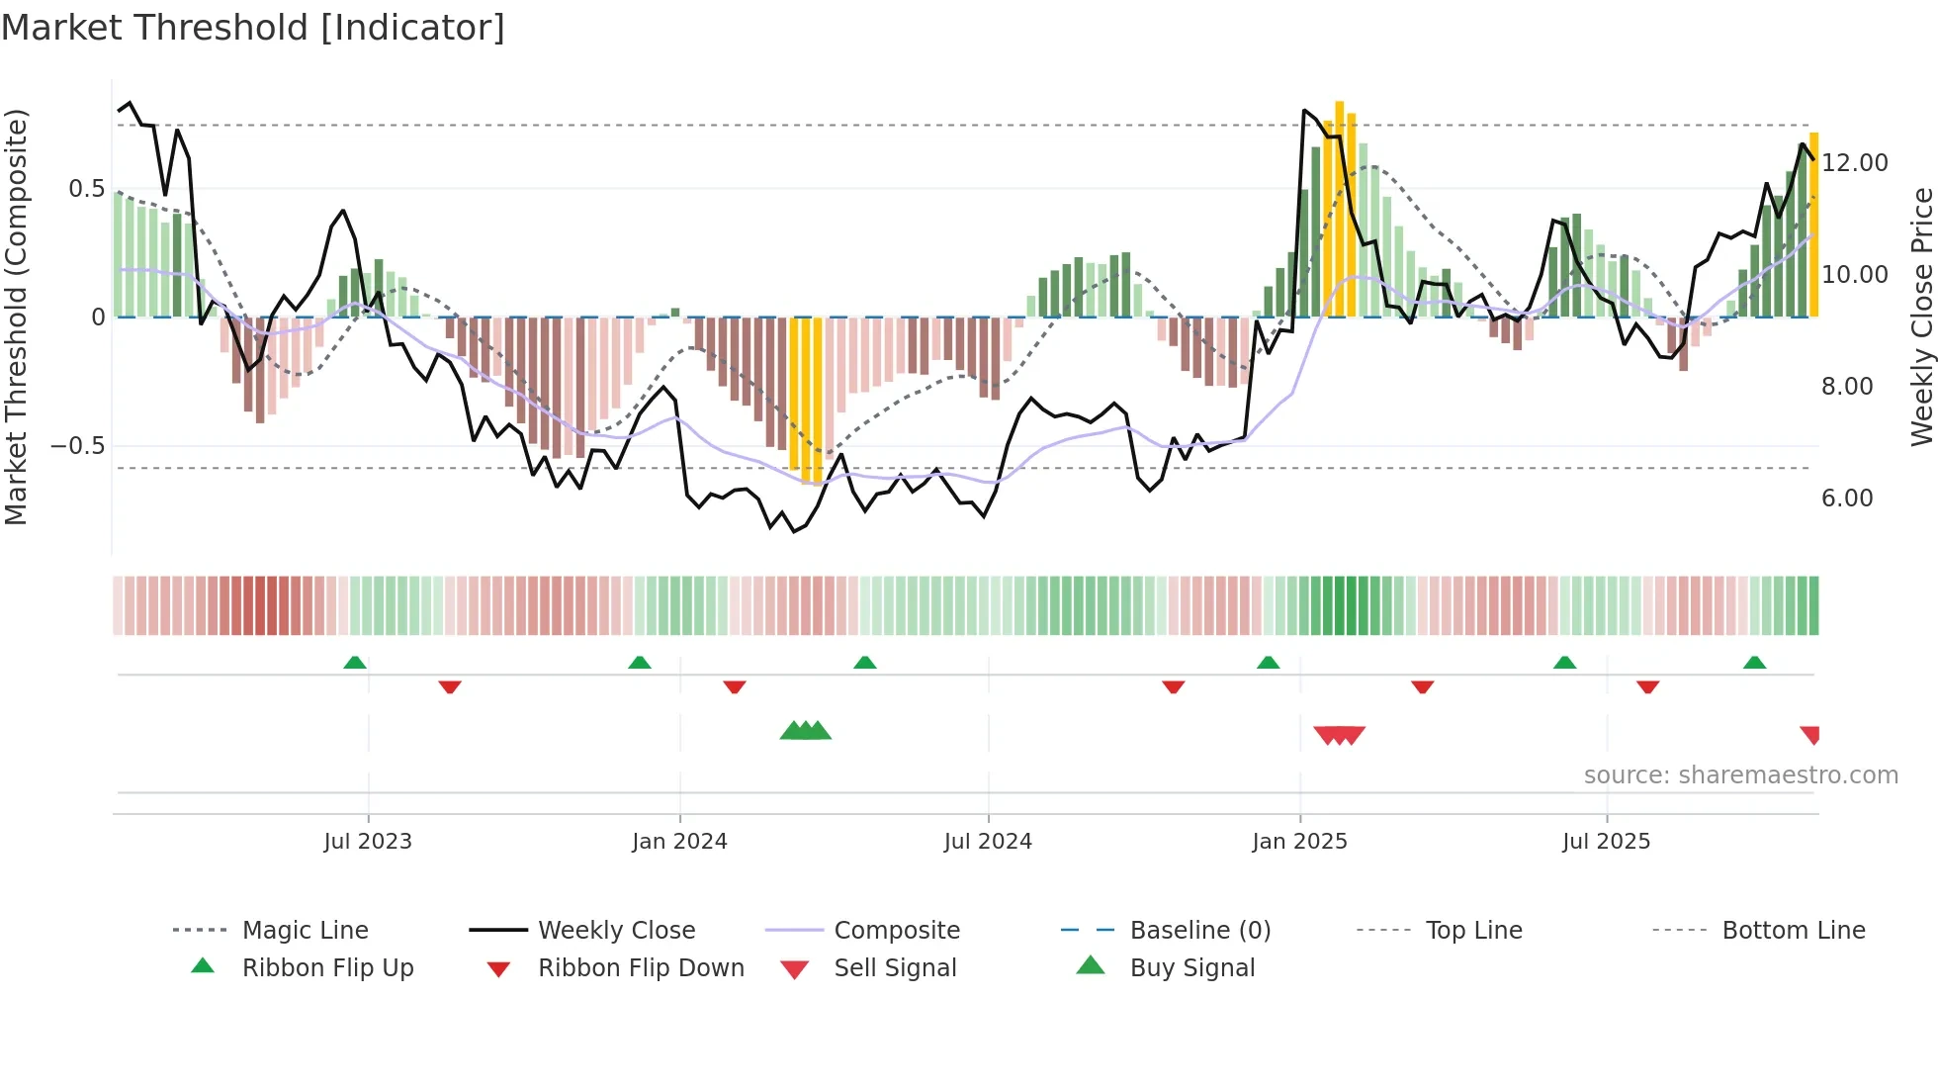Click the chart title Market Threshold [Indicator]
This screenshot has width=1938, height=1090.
(x=253, y=28)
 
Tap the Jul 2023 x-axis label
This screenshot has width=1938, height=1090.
(x=368, y=842)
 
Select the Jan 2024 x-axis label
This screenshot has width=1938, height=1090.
(x=679, y=842)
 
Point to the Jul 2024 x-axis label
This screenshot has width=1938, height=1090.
(x=988, y=842)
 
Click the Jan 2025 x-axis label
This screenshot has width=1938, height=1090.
(x=1299, y=842)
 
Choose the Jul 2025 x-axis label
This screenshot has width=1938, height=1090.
(x=1607, y=842)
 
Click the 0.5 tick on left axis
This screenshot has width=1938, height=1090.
(x=87, y=189)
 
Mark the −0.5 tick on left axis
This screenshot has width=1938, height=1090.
(x=78, y=446)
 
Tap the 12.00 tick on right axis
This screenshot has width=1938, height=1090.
(x=1855, y=163)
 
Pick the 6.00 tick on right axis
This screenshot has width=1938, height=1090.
(x=1847, y=499)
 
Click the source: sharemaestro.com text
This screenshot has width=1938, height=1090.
(x=1740, y=775)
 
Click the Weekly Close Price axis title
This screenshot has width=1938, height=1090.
(x=1921, y=317)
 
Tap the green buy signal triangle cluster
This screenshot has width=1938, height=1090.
(x=805, y=731)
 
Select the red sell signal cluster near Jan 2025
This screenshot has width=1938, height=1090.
(x=1339, y=735)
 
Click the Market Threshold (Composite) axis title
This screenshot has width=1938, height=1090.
(x=16, y=317)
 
